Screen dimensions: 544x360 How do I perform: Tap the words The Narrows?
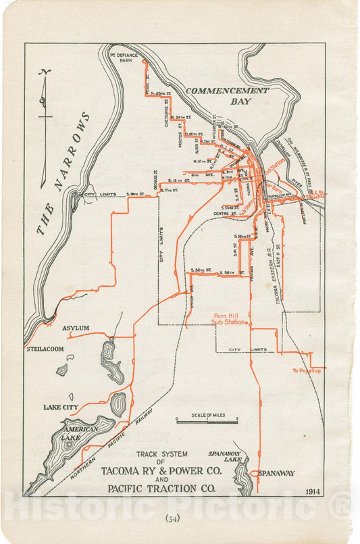64,174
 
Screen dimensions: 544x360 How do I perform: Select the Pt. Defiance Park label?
121,57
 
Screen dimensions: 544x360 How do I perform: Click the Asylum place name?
76,328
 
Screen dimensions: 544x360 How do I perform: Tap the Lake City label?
61,407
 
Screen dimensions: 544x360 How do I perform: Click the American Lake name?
80,433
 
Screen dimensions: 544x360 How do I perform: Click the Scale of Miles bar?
207,420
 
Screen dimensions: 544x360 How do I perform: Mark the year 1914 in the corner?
312,491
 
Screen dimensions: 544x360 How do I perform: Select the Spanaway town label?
277,474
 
